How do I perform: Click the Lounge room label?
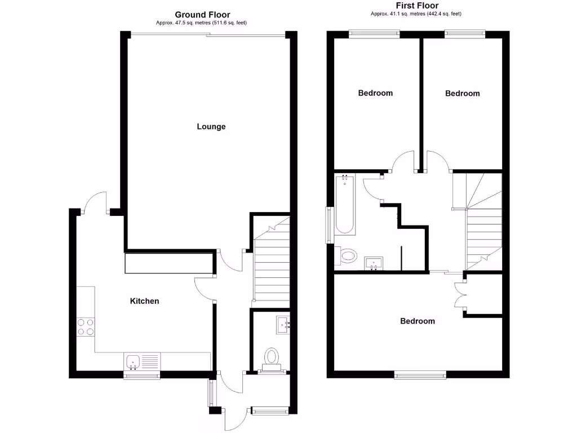tap(211, 126)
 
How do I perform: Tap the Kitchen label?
tap(145, 301)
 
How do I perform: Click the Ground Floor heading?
tap(202, 15)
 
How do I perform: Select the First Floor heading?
tap(418, 6)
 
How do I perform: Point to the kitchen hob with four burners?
tap(86, 327)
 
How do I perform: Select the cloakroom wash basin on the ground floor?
tap(282, 324)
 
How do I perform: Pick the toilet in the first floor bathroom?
tap(347, 256)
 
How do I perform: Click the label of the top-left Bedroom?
tap(375, 93)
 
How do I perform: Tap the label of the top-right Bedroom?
tap(463, 94)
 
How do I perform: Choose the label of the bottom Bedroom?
tap(418, 321)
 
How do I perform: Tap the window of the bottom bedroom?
tap(420, 374)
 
